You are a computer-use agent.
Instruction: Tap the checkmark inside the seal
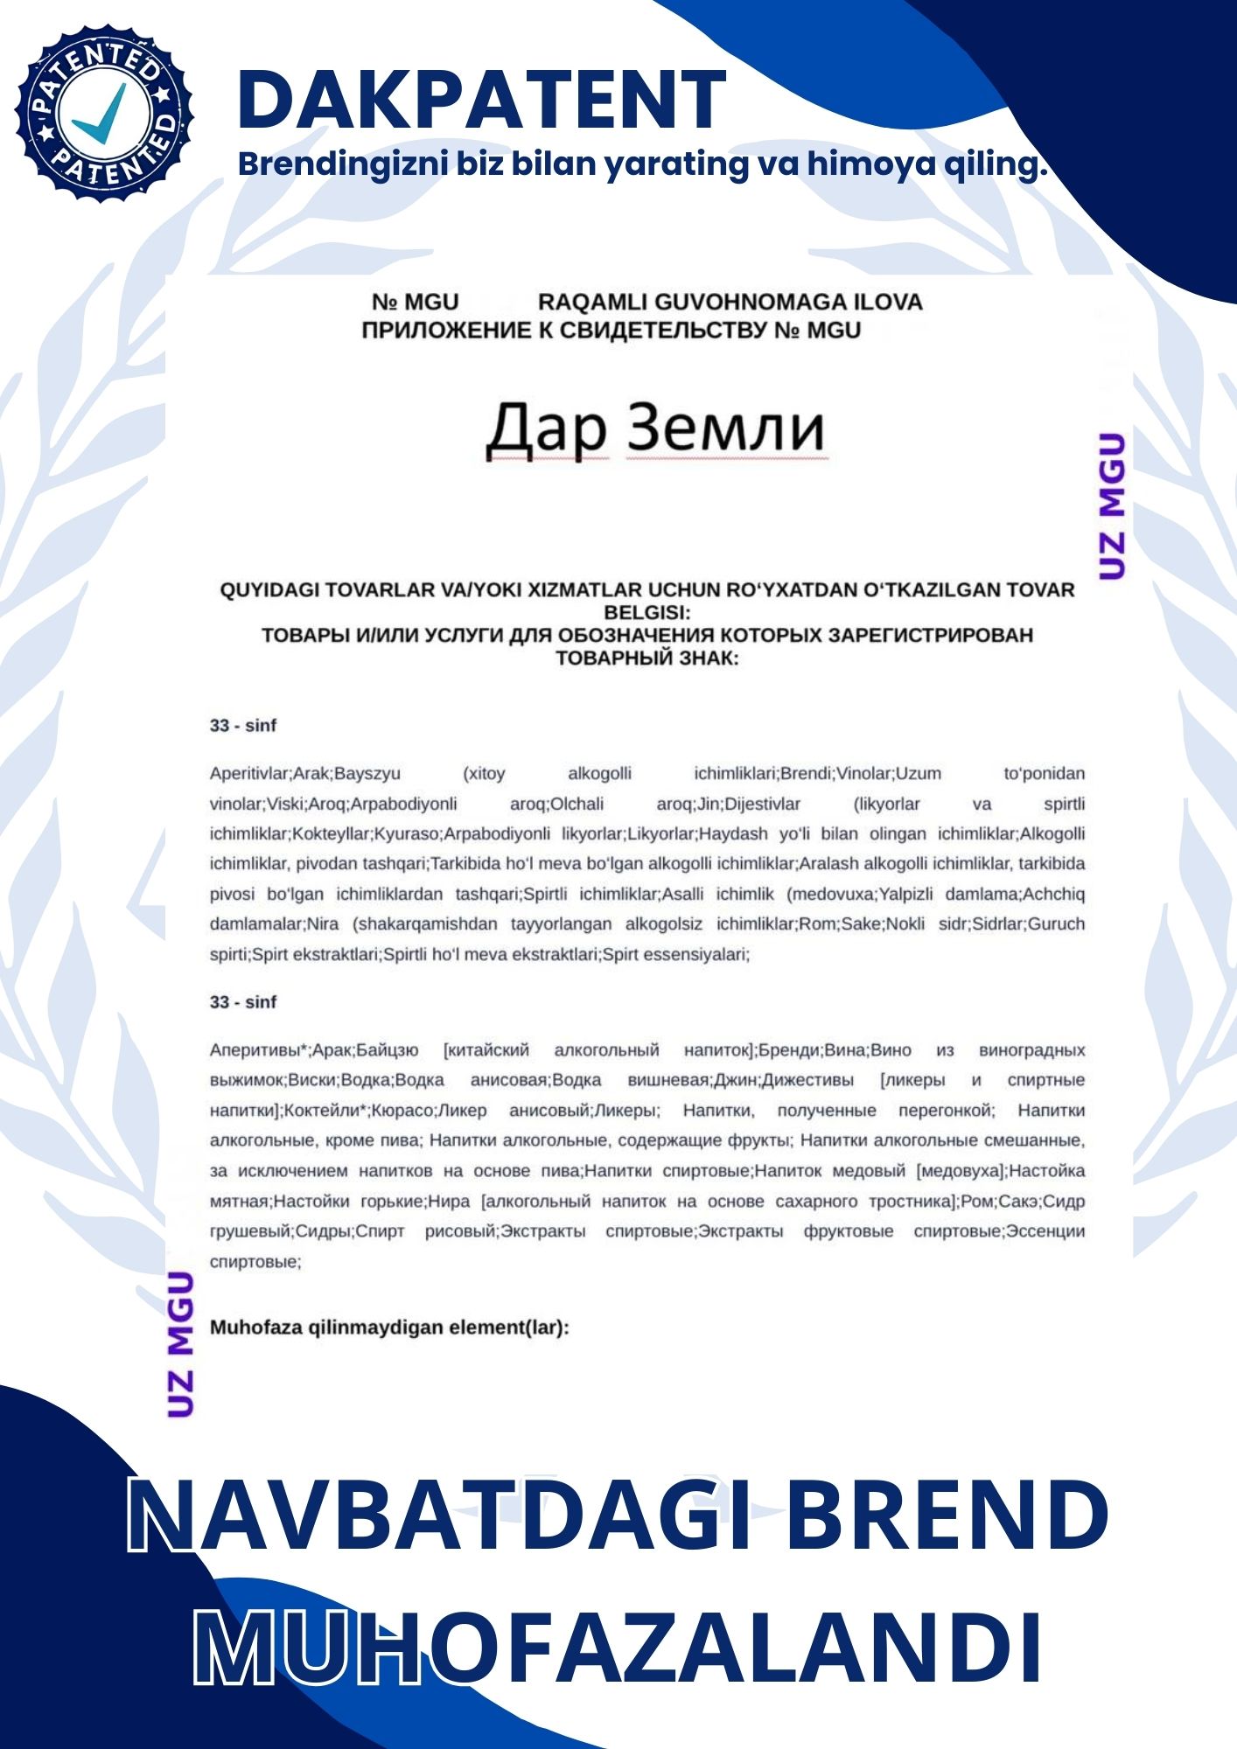pyautogui.click(x=101, y=115)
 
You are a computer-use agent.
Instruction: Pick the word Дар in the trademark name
pyautogui.click(x=546, y=429)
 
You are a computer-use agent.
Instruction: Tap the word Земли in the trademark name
pyautogui.click(x=726, y=429)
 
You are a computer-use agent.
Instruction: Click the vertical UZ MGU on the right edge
pyautogui.click(x=1111, y=505)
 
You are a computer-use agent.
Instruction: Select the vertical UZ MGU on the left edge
pyautogui.click(x=180, y=1344)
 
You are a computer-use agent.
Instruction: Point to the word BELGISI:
pyautogui.click(x=646, y=612)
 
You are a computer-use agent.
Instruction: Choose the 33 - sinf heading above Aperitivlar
pyautogui.click(x=243, y=726)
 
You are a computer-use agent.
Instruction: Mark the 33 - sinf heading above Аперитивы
pyautogui.click(x=243, y=1002)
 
